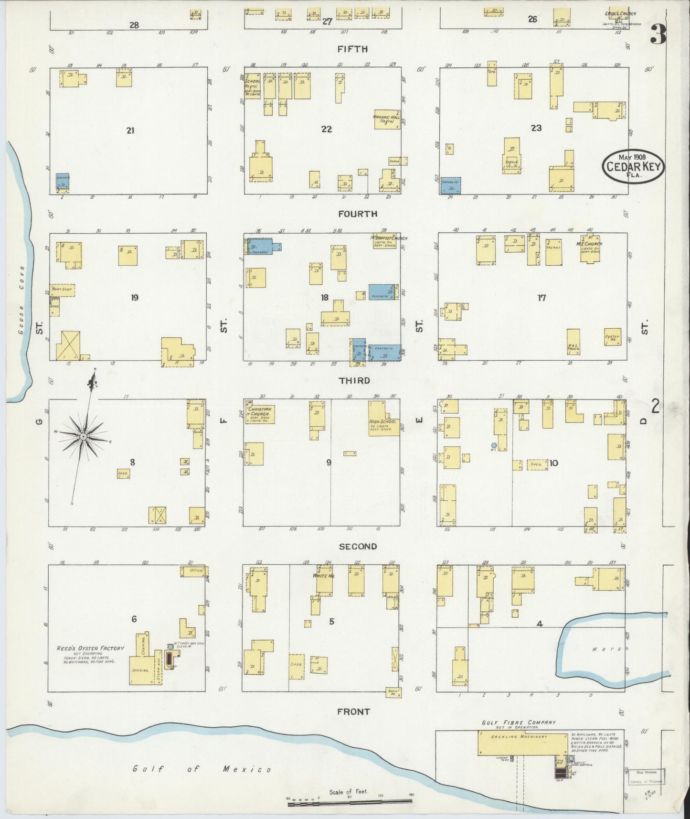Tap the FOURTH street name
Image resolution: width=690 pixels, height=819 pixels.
pyautogui.click(x=358, y=214)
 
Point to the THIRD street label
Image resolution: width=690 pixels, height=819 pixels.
pyautogui.click(x=354, y=380)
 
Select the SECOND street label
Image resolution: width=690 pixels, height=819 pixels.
pyautogui.click(x=358, y=546)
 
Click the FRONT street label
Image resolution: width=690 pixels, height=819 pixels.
pyautogui.click(x=353, y=711)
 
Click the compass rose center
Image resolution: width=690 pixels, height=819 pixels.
pyautogui.click(x=84, y=436)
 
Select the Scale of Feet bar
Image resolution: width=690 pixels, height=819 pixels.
pyautogui.click(x=350, y=804)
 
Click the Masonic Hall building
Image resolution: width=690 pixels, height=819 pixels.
pyautogui.click(x=386, y=119)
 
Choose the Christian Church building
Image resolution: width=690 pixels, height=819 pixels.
pyautogui.click(x=260, y=414)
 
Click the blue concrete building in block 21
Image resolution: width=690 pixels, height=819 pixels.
pyautogui.click(x=63, y=183)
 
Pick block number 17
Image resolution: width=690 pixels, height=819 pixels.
pyautogui.click(x=541, y=298)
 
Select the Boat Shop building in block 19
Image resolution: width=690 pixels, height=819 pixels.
pyautogui.click(x=62, y=290)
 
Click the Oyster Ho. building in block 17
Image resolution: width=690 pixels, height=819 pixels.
pyautogui.click(x=612, y=337)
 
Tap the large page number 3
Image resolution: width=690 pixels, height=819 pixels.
pyautogui.click(x=658, y=35)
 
